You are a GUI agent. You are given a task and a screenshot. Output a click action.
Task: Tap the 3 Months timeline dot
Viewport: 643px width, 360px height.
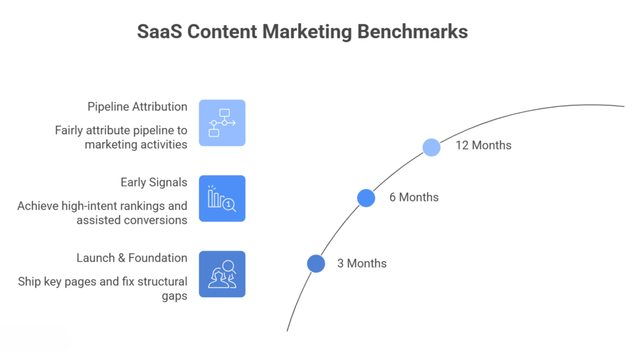pos(316,263)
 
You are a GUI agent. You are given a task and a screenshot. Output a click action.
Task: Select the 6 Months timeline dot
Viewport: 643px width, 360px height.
pos(366,198)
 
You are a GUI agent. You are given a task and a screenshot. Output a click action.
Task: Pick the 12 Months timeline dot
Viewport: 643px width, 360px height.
pos(431,147)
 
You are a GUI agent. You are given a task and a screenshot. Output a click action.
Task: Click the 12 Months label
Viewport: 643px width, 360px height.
pos(484,145)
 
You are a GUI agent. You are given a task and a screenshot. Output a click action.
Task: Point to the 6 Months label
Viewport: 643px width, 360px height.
pos(414,197)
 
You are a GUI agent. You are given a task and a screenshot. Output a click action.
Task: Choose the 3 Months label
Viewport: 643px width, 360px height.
pos(362,263)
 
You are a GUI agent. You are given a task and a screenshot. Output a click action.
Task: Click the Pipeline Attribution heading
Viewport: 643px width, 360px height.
pos(138,107)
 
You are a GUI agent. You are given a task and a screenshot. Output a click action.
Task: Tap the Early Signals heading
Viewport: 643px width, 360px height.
pos(154,182)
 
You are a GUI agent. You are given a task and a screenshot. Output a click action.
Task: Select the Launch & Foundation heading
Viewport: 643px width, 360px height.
pos(132,258)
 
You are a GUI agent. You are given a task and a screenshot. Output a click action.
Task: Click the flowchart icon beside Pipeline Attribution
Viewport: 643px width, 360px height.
pos(222,123)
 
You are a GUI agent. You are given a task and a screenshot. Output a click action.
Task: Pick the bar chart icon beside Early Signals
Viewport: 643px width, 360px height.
pos(222,199)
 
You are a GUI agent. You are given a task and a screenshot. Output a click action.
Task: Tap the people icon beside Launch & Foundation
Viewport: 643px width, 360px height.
pos(222,274)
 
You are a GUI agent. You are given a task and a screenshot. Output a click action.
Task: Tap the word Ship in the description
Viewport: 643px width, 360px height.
pos(30,281)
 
